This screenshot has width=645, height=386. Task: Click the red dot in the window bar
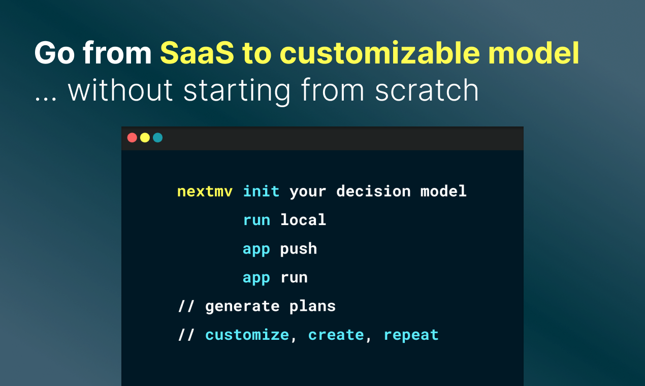click(x=132, y=138)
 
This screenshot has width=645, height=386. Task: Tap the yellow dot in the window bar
click(x=145, y=138)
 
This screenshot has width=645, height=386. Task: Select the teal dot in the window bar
click(x=157, y=138)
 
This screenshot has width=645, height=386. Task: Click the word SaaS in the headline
click(x=197, y=53)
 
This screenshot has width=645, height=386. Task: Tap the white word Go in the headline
click(x=55, y=53)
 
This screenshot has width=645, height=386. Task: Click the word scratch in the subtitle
click(x=427, y=90)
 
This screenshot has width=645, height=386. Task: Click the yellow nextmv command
click(x=205, y=191)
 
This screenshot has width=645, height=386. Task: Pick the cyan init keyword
click(x=261, y=191)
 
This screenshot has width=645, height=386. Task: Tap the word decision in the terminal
click(x=373, y=191)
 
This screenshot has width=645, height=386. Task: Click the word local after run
click(x=303, y=220)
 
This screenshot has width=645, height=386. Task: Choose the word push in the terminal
click(x=299, y=249)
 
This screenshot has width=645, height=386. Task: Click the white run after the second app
click(x=294, y=278)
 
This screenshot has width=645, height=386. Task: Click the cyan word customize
click(x=247, y=335)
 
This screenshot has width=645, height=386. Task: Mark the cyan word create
click(x=336, y=335)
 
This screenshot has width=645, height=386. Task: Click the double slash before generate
click(x=186, y=306)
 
